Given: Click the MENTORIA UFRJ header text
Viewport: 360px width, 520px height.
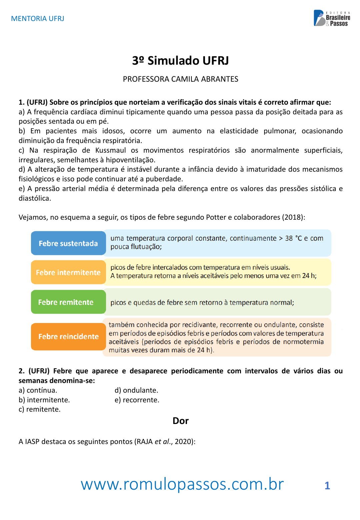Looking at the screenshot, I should pos(38,19).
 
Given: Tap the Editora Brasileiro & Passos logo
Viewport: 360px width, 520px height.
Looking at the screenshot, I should pos(332,18).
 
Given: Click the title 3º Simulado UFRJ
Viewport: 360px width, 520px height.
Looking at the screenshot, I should pos(180,61).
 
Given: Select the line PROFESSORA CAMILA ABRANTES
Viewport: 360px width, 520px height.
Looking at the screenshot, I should pos(180,79).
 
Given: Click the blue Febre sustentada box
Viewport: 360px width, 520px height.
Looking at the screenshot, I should pos(68,243).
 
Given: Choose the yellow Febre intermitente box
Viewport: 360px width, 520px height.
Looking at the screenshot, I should pos(68,272).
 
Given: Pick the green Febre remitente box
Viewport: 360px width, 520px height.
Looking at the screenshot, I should pos(68,302).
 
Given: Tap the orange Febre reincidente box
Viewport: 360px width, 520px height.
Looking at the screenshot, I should pos(68,336).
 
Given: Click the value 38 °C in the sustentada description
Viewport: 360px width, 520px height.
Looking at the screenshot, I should pos(293,238).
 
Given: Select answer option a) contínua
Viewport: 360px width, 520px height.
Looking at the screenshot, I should pos(38,390).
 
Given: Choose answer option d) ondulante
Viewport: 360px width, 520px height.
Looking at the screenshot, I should pos(136,390).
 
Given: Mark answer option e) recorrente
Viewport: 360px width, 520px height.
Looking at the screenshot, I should pos(137,400).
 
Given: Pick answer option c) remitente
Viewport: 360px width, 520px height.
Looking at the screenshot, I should pos(40,409).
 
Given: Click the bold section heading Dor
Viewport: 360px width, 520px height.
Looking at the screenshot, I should pos(180,421).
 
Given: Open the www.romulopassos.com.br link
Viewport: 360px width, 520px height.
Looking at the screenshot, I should pos(182,484).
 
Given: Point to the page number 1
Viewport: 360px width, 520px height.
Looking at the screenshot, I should pos(327,486).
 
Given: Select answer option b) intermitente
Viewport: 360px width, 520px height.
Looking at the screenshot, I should pos(44,400).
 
